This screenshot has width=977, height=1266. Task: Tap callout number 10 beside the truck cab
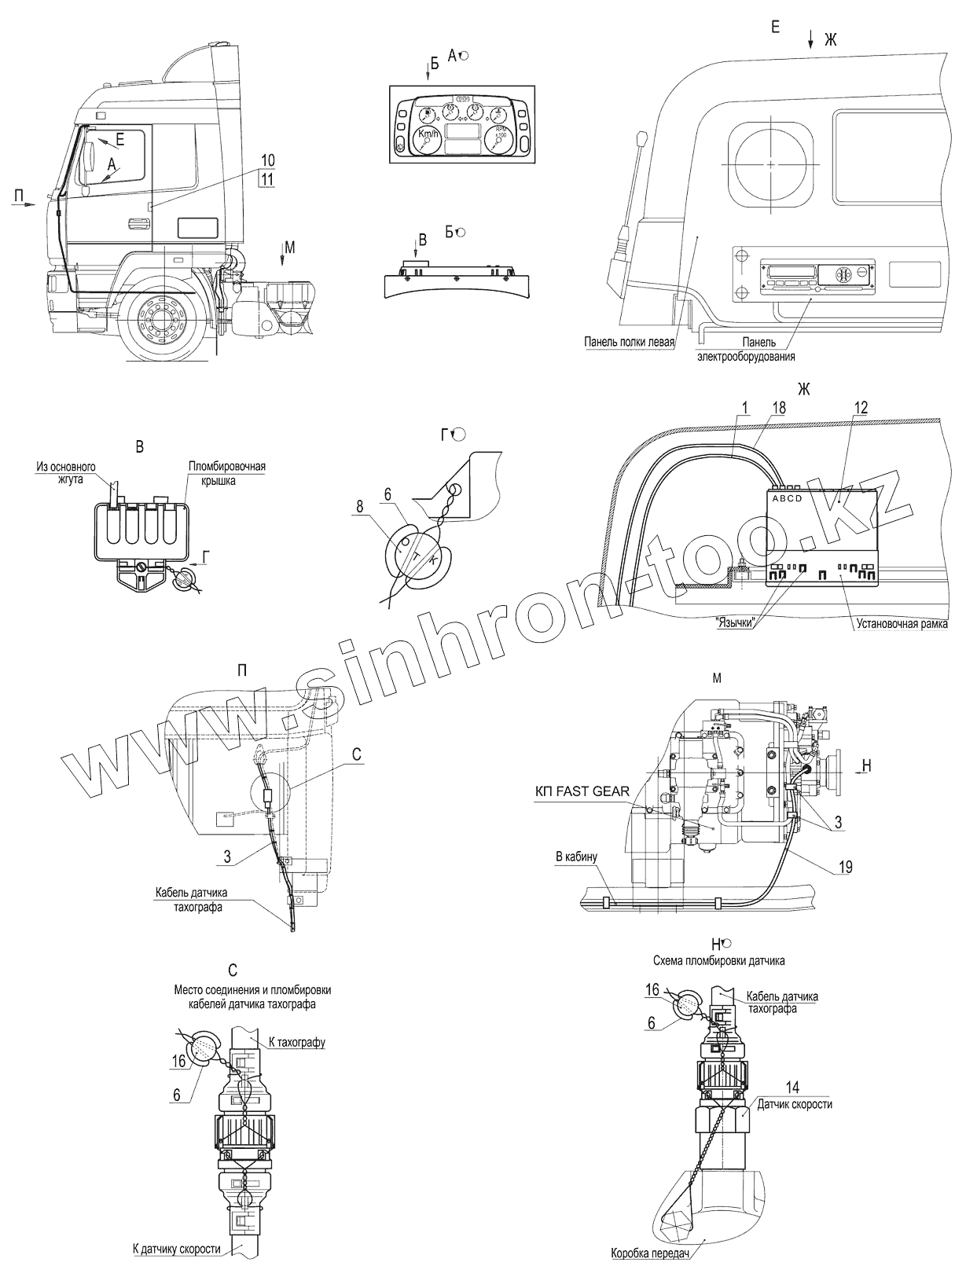[267, 160]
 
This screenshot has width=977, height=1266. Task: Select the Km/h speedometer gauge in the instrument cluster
[427, 139]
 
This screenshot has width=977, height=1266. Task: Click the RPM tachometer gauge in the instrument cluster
[498, 139]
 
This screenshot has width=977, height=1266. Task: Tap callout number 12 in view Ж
[861, 407]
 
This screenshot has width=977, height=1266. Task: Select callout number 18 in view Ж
[778, 407]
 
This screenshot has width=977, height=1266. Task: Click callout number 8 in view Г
[360, 508]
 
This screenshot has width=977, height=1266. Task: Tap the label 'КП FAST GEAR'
[582, 791]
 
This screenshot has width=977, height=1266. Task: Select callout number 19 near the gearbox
[844, 867]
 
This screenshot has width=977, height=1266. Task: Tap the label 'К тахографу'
[296, 1042]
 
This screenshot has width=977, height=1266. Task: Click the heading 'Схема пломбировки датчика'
[718, 960]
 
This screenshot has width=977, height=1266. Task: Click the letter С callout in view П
[356, 754]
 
